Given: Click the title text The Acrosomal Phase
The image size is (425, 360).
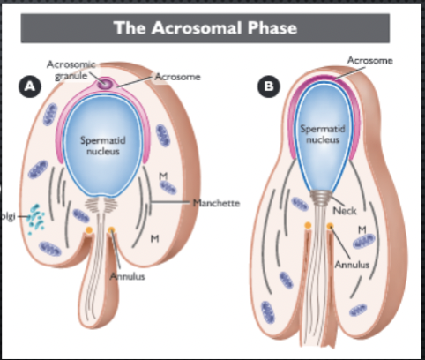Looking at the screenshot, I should [212, 27].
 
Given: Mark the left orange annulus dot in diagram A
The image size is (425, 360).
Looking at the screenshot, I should [88, 232].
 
